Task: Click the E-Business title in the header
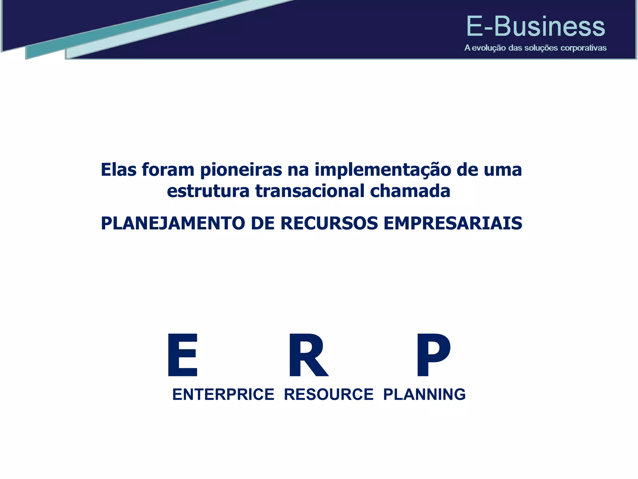[x=536, y=27]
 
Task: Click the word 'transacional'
[x=310, y=191]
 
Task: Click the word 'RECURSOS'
[x=329, y=223]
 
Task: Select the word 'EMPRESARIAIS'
[x=453, y=223]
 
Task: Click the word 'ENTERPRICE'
[x=223, y=394]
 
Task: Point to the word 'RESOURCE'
[x=329, y=394]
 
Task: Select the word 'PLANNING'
[x=424, y=394]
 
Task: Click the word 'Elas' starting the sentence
[x=119, y=170]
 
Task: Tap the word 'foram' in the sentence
[x=168, y=170]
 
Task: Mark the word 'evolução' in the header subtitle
[x=488, y=48]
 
